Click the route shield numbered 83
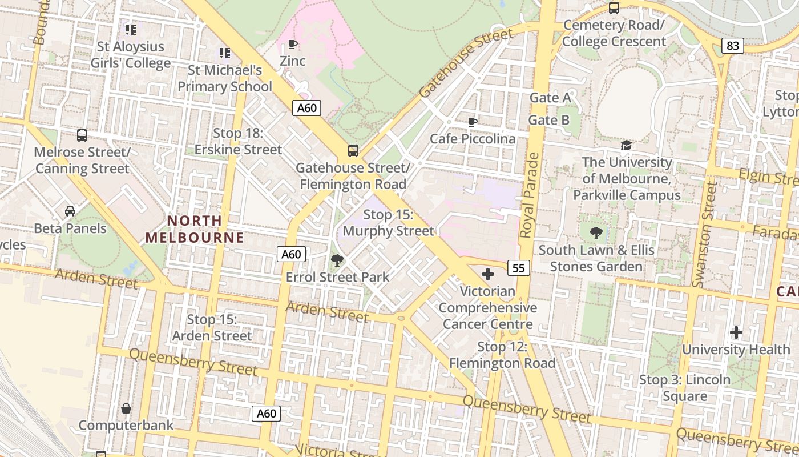click(733, 46)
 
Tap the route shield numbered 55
click(518, 267)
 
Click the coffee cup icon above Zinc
click(293, 44)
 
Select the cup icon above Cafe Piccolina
click(472, 122)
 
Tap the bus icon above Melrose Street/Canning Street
click(82, 135)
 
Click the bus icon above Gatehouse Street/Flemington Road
click(353, 151)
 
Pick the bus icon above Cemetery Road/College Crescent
click(614, 8)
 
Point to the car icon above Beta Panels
click(70, 211)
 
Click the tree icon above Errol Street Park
click(337, 260)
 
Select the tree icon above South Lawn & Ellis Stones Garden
click(596, 233)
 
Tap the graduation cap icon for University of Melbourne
click(627, 145)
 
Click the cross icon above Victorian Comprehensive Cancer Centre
click(488, 274)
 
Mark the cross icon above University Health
click(736, 332)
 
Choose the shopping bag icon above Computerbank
click(126, 408)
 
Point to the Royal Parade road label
click(529, 195)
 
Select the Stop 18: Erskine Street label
click(238, 142)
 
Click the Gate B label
click(548, 120)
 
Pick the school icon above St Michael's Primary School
click(225, 53)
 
